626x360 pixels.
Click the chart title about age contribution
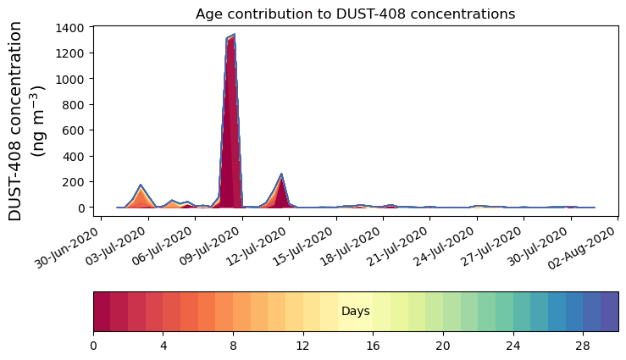(355, 14)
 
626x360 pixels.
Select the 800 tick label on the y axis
(74, 104)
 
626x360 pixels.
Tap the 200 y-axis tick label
(74, 181)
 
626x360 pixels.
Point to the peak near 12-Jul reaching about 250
(281, 174)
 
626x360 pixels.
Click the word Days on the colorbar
(355, 312)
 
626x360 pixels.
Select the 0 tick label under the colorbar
(93, 346)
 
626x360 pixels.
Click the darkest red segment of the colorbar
(102, 312)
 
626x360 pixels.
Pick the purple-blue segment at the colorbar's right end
(609, 312)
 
